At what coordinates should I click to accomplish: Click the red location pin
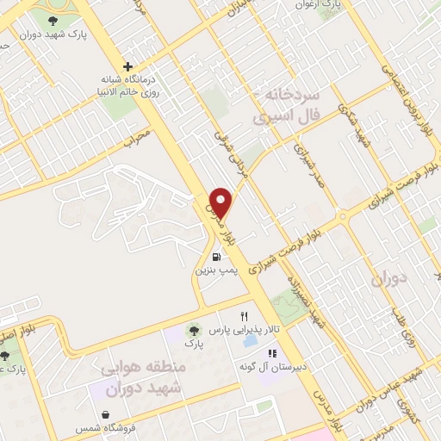point(222,202)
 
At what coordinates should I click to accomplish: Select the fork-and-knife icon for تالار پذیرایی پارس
point(245,316)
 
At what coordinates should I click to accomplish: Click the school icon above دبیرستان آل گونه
point(273,353)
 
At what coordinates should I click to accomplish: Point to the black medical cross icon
point(128,66)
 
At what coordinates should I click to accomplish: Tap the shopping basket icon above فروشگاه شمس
point(105,414)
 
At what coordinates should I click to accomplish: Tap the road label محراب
point(136,136)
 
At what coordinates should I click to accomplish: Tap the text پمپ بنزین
point(214,270)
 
